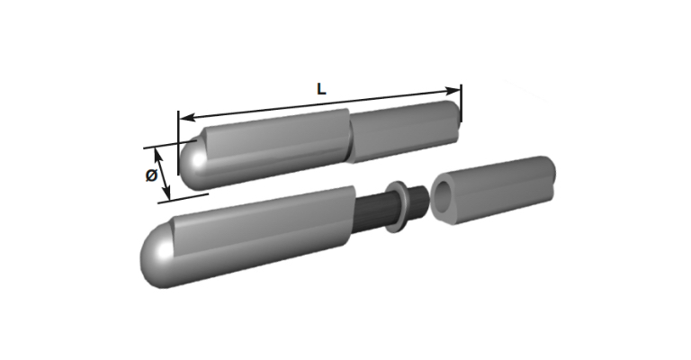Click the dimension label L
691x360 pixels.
click(x=321, y=89)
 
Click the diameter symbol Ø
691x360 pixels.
click(x=151, y=175)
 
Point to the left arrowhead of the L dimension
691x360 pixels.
click(x=188, y=117)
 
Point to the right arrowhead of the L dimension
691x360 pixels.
click(x=453, y=91)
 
